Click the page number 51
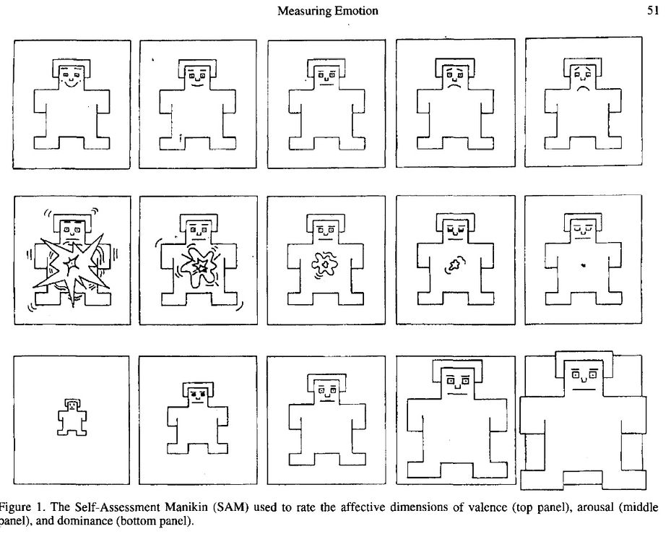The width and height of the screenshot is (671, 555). click(x=653, y=10)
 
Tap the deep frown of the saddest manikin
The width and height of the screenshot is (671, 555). click(x=584, y=89)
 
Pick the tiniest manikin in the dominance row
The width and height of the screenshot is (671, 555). click(x=72, y=417)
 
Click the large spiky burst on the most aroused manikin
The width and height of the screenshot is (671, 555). click(x=72, y=267)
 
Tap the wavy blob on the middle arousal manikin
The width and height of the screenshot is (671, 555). click(x=325, y=265)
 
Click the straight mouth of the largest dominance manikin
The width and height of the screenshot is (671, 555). click(x=584, y=390)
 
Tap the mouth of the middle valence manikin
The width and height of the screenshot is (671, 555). click(x=327, y=85)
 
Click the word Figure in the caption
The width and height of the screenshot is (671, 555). click(x=17, y=507)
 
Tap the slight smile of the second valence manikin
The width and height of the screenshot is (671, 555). click(x=197, y=85)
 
